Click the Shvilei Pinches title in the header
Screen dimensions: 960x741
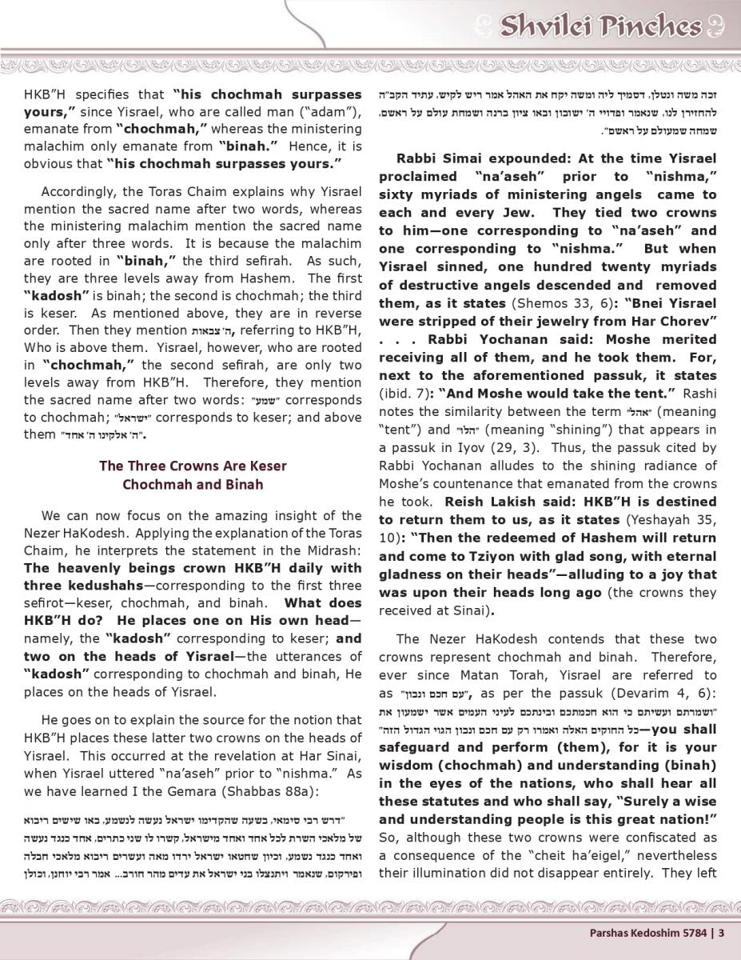point(600,26)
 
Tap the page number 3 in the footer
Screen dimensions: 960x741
point(722,931)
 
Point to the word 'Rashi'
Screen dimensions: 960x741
point(698,394)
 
